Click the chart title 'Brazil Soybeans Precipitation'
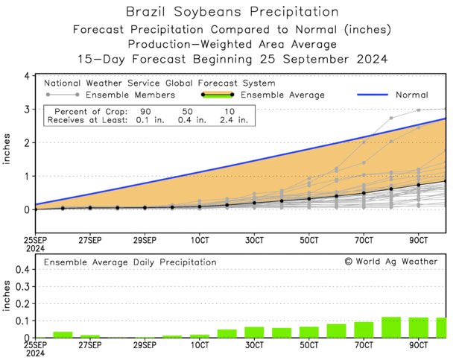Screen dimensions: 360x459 point(231,13)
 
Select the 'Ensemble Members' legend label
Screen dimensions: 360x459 point(130,95)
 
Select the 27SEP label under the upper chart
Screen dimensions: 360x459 point(89,241)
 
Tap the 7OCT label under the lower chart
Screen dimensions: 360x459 point(364,347)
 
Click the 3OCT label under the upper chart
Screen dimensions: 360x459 point(254,241)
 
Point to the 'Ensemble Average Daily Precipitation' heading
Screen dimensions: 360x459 point(130,262)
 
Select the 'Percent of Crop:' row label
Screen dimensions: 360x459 point(80,110)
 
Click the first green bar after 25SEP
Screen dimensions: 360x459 point(63,335)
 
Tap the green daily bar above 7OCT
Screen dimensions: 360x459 point(364,329)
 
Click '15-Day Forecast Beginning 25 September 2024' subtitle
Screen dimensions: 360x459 point(231,58)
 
